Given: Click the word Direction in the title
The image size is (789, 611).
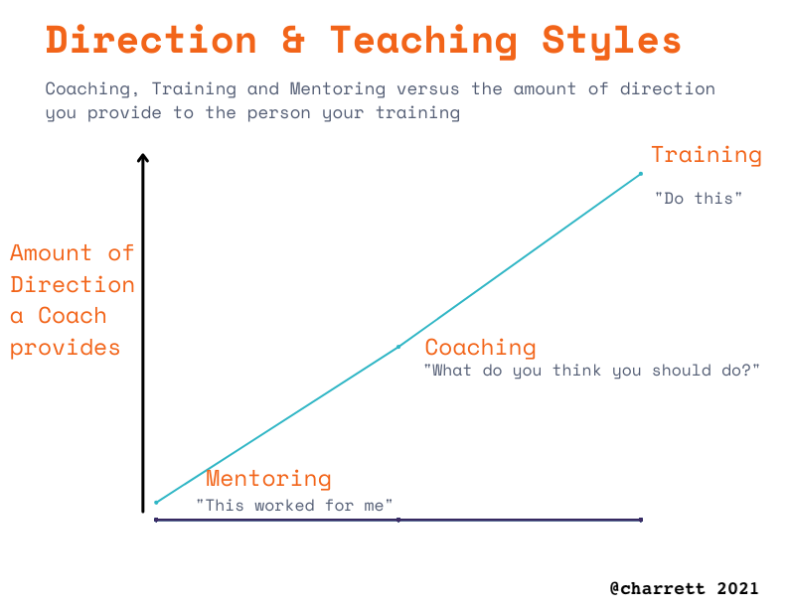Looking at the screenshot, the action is (x=151, y=40).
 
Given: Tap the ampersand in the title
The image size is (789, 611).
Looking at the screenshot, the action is (x=293, y=40).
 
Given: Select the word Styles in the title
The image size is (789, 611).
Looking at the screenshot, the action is (x=611, y=43).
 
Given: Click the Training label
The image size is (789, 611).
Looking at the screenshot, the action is (x=707, y=155).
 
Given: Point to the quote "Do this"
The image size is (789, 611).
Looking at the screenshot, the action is (x=699, y=198).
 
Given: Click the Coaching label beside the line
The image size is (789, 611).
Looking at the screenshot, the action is (x=481, y=348).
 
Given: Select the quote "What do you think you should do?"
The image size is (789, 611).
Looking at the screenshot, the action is (x=592, y=371).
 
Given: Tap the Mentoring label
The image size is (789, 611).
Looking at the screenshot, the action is (x=268, y=479).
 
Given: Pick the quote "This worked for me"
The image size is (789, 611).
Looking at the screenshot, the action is (x=294, y=505).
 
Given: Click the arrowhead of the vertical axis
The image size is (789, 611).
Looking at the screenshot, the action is (x=143, y=158).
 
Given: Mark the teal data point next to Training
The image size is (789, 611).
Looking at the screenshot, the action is (x=641, y=174).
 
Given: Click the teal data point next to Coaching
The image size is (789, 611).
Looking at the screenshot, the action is (x=398, y=347).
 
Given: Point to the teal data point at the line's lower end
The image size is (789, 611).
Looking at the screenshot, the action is (x=156, y=503).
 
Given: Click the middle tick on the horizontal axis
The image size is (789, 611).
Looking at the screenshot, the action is (x=398, y=520).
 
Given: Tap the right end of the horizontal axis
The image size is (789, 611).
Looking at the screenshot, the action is (x=641, y=520).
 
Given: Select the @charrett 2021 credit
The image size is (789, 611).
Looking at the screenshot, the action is (x=684, y=588).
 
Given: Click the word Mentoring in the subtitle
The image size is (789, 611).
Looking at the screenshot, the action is (x=338, y=89).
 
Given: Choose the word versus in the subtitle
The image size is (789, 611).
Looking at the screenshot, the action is (x=428, y=89).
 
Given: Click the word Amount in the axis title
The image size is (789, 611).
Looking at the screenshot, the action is (x=51, y=253).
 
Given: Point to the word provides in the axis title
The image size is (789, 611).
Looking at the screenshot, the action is (x=65, y=349).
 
